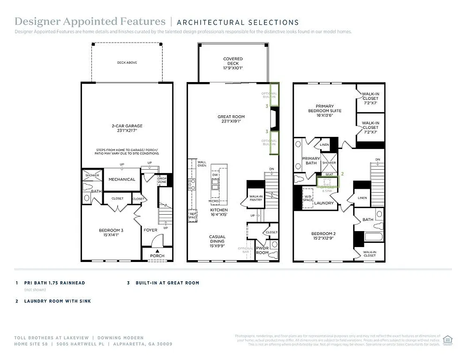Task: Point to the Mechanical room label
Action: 122,179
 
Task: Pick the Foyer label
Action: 150,230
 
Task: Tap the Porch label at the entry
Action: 157,255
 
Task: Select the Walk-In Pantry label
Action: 256,198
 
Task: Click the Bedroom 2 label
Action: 323,236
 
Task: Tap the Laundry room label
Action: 324,203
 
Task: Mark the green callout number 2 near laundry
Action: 342,173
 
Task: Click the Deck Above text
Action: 127,62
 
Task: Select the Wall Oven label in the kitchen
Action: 202,164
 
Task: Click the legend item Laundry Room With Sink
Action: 58,301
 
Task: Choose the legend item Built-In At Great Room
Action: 167,283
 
